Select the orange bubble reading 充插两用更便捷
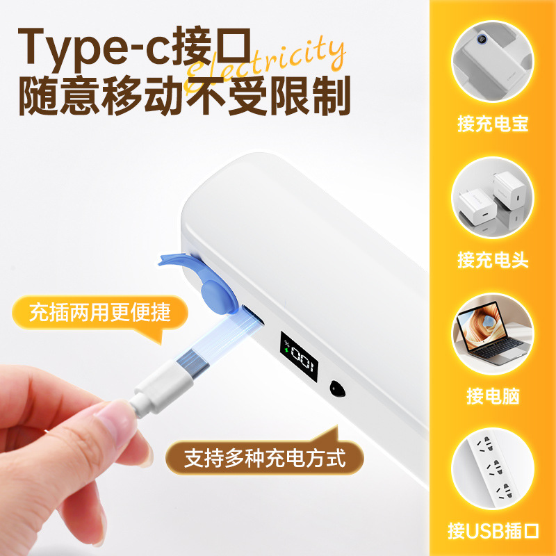[99, 312]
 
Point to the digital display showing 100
[300, 356]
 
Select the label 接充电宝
[493, 124]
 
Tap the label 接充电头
[493, 261]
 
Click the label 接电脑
[493, 397]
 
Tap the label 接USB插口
[493, 532]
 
